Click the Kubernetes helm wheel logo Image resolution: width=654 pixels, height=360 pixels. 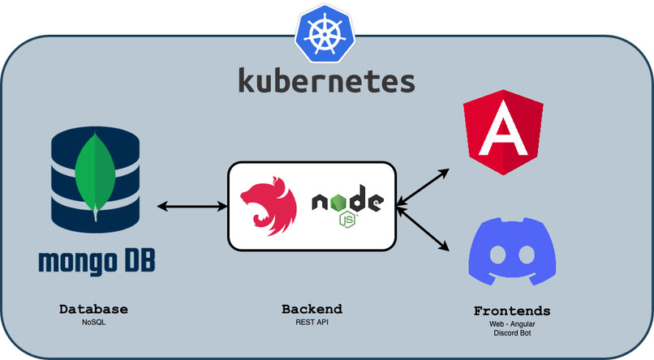(x=325, y=34)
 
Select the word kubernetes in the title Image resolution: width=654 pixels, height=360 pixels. (x=326, y=81)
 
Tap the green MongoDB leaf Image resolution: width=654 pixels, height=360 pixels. (x=96, y=176)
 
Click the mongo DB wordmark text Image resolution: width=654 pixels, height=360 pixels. (x=97, y=261)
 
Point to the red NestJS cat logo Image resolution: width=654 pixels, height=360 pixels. (x=269, y=206)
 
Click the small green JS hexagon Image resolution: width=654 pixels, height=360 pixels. (x=347, y=220)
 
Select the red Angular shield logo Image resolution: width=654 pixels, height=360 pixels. (x=503, y=132)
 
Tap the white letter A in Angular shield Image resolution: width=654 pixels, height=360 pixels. (x=503, y=129)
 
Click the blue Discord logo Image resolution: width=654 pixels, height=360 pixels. (x=512, y=251)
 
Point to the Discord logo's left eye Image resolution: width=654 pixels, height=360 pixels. (x=497, y=255)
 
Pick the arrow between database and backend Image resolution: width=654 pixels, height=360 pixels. (x=192, y=206)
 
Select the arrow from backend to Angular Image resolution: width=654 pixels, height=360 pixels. (x=423, y=187)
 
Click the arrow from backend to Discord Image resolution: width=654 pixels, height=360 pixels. (x=423, y=229)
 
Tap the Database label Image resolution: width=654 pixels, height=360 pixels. (x=93, y=309)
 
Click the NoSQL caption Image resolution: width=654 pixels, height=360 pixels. (x=94, y=322)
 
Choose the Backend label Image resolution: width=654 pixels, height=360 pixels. (x=312, y=309)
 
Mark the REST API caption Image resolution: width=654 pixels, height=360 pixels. (x=312, y=322)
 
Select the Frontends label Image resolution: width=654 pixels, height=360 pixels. (x=512, y=311)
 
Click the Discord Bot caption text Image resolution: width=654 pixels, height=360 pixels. (x=512, y=333)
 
